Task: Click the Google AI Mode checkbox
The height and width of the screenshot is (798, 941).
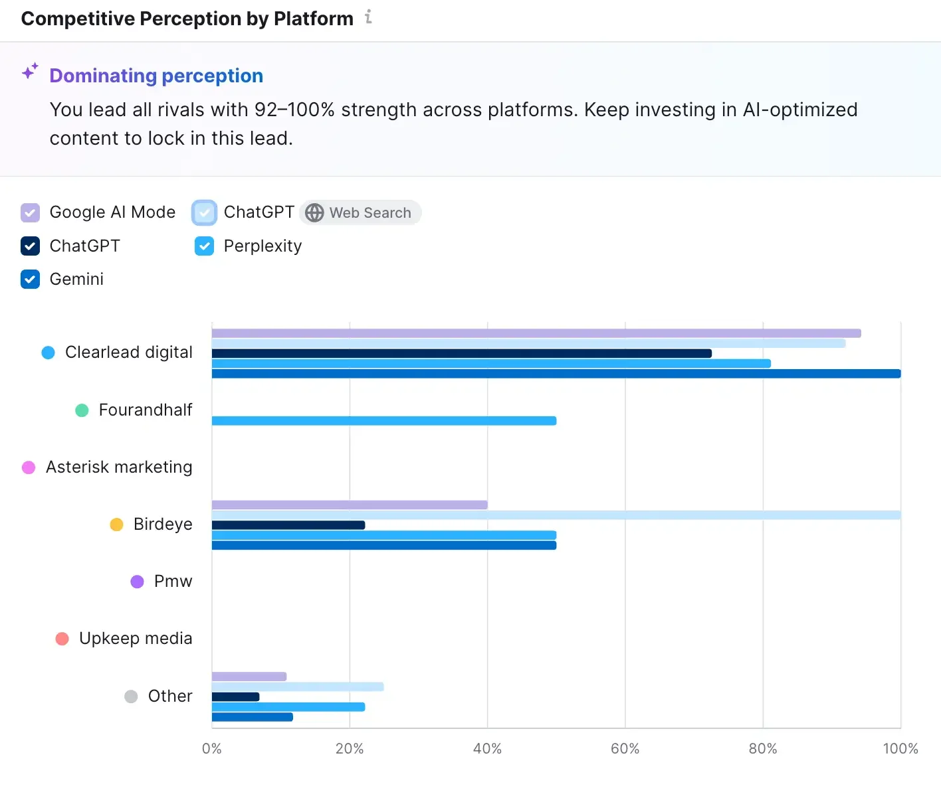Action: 30,212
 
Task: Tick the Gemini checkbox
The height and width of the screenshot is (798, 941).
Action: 30,279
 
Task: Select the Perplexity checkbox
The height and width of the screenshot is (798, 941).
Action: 204,246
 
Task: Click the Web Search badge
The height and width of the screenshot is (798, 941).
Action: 360,212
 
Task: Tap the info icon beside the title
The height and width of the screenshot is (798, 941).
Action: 369,17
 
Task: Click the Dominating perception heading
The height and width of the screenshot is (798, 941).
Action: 156,76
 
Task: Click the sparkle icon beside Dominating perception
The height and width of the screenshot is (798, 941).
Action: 30,71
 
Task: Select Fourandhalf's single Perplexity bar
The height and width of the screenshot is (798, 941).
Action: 383,421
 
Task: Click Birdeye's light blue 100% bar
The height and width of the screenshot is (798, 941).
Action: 556,515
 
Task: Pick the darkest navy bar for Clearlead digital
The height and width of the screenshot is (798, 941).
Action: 461,353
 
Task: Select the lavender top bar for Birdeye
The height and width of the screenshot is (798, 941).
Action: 350,505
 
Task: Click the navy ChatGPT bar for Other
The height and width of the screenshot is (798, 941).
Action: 235,696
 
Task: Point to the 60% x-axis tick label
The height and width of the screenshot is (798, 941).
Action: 625,749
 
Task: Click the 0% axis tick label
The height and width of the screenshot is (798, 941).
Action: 211,749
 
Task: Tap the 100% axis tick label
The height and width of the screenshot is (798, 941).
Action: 900,749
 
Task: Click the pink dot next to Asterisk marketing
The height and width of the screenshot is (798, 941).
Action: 29,467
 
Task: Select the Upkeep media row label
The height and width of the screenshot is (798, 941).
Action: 136,639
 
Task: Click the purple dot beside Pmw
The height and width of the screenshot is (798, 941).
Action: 137,582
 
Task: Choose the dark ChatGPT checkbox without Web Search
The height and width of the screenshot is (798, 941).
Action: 30,246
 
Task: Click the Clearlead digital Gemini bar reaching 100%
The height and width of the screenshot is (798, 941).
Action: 556,374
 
